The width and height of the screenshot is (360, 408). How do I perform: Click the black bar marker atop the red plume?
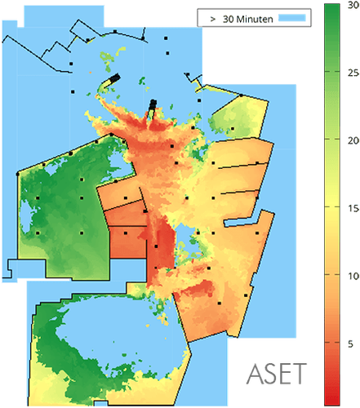point(153,104)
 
